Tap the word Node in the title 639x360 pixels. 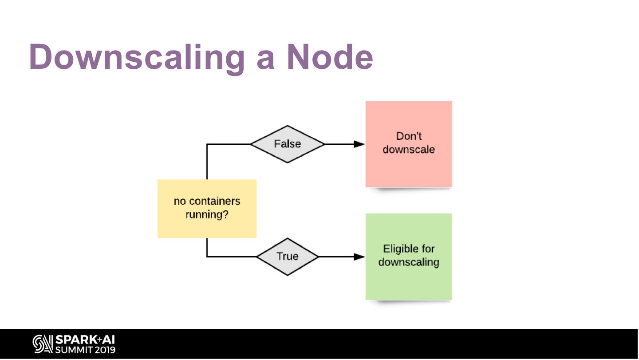click(330, 57)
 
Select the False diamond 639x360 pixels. click(288, 144)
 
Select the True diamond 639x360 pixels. click(288, 256)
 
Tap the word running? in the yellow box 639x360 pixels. click(207, 215)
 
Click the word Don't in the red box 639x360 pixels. click(409, 136)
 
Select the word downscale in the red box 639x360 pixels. click(409, 149)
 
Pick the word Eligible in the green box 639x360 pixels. click(409, 249)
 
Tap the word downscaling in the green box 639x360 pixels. click(409, 262)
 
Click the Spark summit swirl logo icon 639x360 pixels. click(43, 344)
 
